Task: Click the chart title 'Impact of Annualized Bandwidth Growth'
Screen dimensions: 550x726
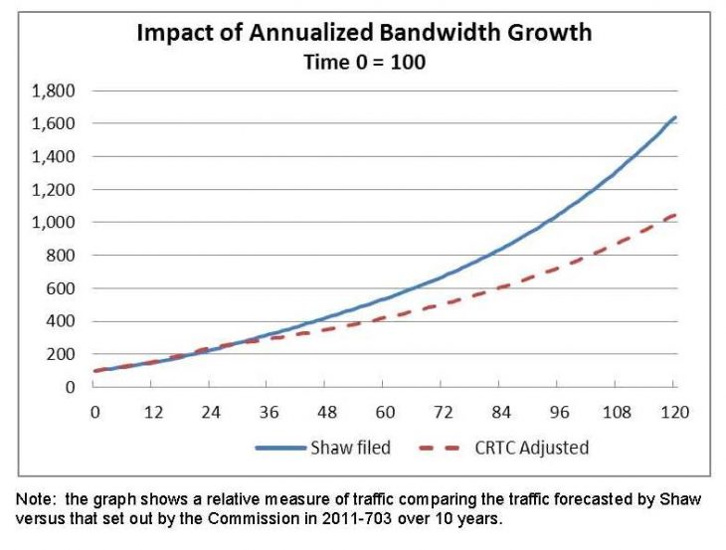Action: pyautogui.click(x=363, y=32)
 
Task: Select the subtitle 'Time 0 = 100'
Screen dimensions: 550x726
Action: pyautogui.click(x=363, y=62)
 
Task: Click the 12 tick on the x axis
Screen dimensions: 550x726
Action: pyautogui.click(x=153, y=412)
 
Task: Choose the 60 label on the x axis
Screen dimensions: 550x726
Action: pyautogui.click(x=385, y=412)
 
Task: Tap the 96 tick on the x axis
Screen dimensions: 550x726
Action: pyautogui.click(x=559, y=412)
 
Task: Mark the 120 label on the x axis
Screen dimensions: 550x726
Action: pyautogui.click(x=675, y=412)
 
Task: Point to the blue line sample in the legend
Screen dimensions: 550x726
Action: pyautogui.click(x=282, y=448)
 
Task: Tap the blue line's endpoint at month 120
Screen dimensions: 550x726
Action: pyautogui.click(x=675, y=118)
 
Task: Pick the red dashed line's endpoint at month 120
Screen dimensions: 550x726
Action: pyautogui.click(x=675, y=215)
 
